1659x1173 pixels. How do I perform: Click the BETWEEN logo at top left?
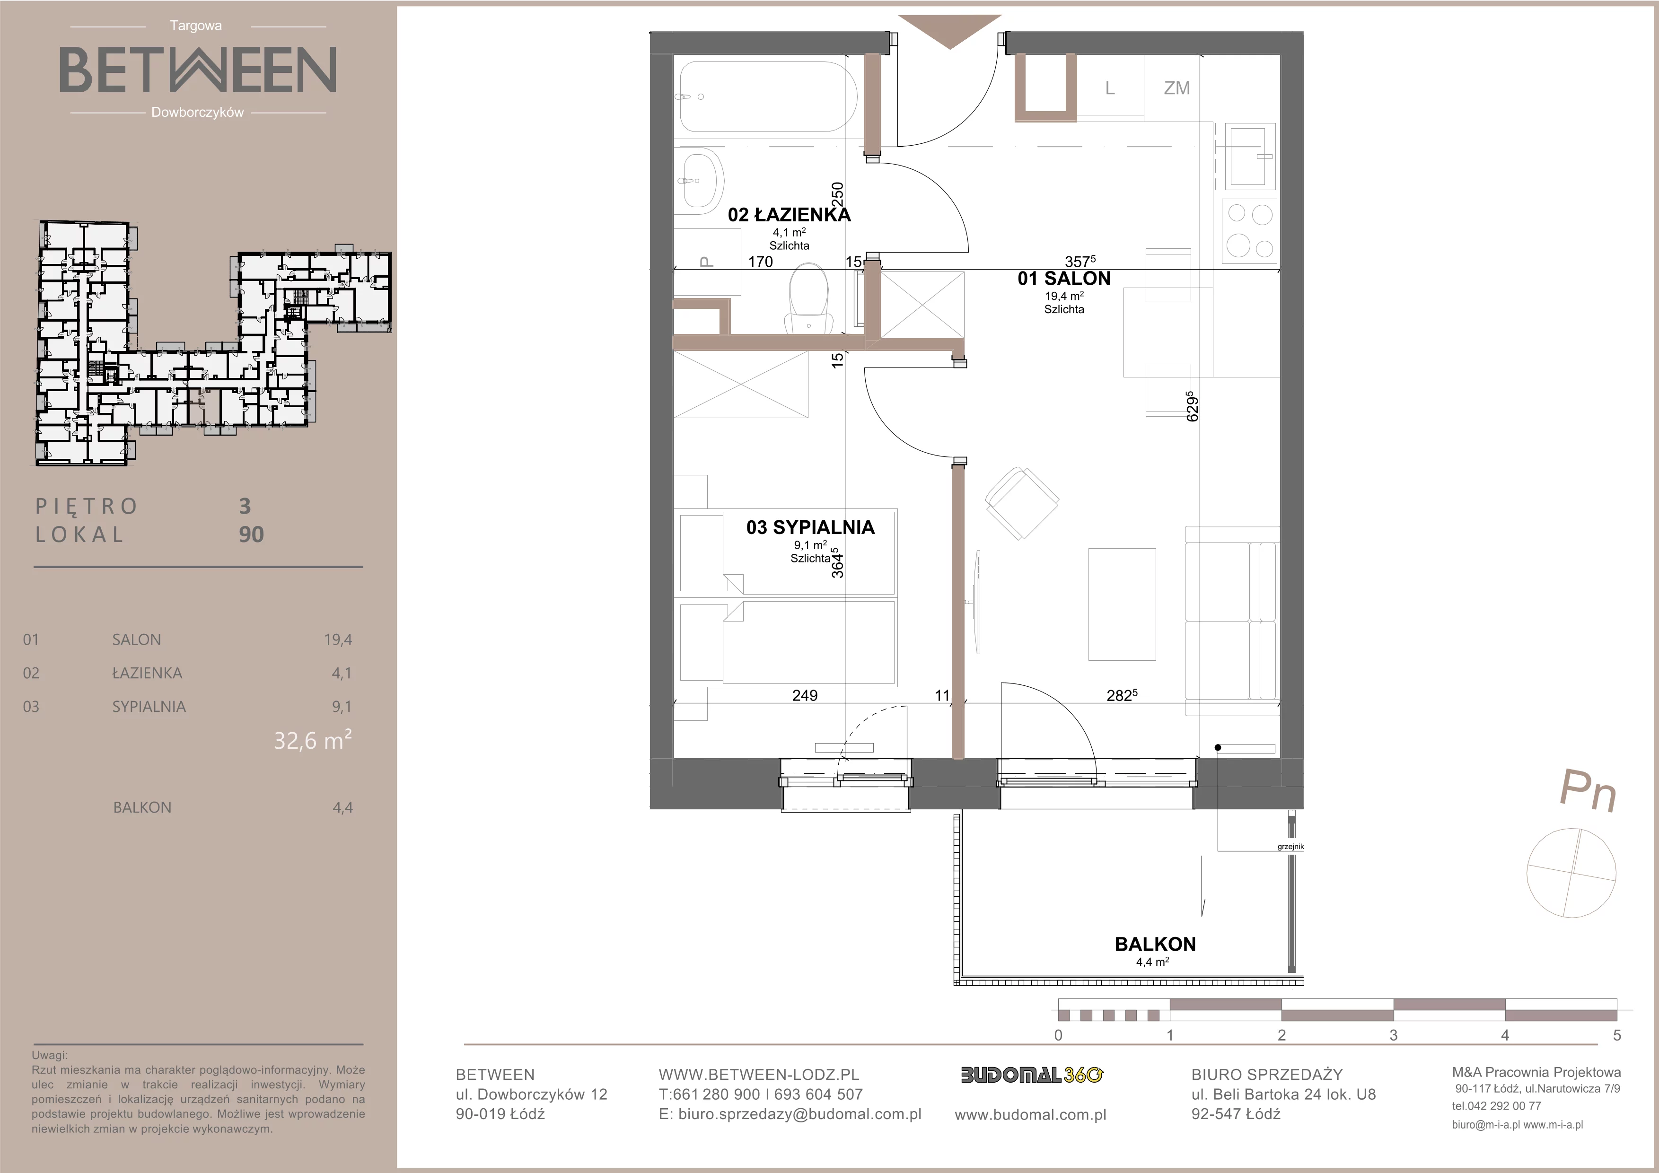pyautogui.click(x=197, y=70)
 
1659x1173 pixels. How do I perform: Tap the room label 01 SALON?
pyautogui.click(x=1063, y=279)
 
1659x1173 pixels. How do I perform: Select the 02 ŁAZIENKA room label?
pyautogui.click(x=789, y=215)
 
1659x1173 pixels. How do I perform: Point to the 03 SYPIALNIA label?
pyautogui.click(x=810, y=527)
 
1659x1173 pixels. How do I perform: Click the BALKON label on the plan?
pyautogui.click(x=1155, y=944)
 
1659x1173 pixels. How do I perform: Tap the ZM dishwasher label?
pyautogui.click(x=1177, y=88)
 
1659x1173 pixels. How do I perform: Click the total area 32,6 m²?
pyautogui.click(x=312, y=740)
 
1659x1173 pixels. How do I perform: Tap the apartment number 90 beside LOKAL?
pyautogui.click(x=252, y=534)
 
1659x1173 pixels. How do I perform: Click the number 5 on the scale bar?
pyautogui.click(x=1616, y=1035)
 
